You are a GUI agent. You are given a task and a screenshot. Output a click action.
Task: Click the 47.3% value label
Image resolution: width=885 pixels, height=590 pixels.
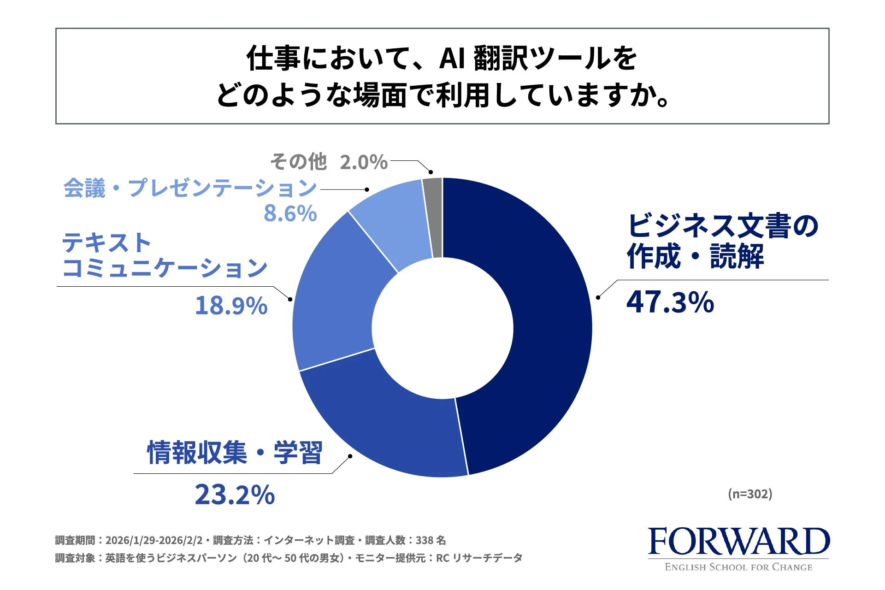coord(670,302)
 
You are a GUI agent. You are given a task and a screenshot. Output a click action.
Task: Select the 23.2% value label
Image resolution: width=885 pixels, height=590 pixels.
coord(235,495)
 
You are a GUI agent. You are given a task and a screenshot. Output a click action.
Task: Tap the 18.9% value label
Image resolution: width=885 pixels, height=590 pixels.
coord(231,306)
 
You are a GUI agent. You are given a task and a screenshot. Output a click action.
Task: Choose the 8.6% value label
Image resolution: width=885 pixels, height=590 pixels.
coord(290,213)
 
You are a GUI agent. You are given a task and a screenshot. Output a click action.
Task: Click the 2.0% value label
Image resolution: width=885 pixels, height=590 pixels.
coord(364,162)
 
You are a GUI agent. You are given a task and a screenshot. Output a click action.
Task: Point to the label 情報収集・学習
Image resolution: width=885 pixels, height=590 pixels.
coord(234,453)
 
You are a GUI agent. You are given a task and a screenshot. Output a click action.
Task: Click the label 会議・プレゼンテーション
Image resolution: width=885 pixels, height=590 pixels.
coord(190,188)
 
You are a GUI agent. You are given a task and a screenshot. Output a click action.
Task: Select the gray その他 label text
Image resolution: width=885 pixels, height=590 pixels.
coord(298,162)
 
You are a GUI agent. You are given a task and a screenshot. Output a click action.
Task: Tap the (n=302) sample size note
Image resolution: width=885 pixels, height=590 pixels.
coord(750,494)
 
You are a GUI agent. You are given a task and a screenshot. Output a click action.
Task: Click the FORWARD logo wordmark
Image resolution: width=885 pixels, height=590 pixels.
coord(738,542)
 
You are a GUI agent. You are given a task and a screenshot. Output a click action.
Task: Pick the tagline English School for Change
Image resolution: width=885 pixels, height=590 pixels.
coord(738,567)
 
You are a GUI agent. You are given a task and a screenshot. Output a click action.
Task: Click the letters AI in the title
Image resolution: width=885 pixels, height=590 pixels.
coord(452,59)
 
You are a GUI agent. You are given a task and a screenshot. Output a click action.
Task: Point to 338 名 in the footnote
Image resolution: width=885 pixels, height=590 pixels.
coord(431,540)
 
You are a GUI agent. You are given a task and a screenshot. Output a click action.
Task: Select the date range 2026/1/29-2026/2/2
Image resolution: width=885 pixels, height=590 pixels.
coord(154,540)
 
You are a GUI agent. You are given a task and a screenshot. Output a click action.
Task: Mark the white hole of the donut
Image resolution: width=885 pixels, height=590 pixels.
coord(442,328)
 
